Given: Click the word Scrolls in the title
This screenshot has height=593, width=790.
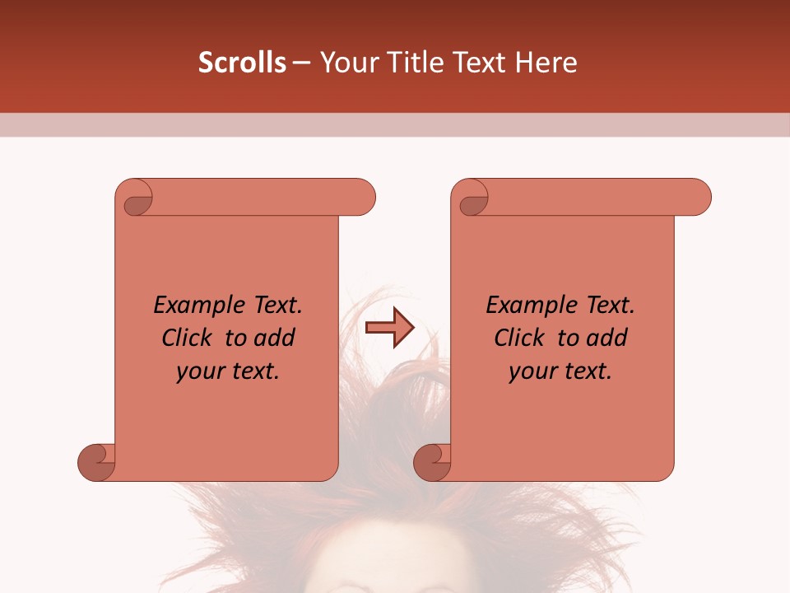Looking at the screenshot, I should pyautogui.click(x=243, y=63).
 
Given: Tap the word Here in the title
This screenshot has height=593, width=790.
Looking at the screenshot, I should pyautogui.click(x=546, y=63).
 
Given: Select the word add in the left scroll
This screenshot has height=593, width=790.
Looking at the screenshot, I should pyautogui.click(x=276, y=338).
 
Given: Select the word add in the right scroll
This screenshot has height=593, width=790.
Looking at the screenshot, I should pyautogui.click(x=608, y=338).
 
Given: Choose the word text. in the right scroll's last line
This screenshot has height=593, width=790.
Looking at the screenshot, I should pyautogui.click(x=584, y=371).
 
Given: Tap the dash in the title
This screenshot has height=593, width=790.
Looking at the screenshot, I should pyautogui.click(x=301, y=63).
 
